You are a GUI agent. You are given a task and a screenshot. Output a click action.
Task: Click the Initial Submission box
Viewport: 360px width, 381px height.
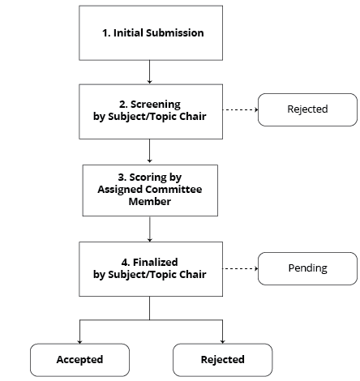(149, 33)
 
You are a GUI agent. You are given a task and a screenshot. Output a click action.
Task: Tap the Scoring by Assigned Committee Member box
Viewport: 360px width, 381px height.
(149, 190)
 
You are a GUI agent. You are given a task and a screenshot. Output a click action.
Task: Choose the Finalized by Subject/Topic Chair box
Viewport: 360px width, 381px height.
(149, 268)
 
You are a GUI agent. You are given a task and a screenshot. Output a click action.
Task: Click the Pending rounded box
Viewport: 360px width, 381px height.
(307, 268)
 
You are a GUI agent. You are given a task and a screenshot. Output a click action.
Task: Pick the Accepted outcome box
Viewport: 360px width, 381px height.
(79, 359)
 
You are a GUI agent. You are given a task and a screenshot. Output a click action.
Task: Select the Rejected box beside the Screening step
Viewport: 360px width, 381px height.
(307, 109)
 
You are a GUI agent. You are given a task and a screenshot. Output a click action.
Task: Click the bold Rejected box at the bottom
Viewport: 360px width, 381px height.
(222, 359)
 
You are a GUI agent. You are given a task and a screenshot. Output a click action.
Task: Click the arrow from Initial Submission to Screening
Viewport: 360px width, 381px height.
(149, 73)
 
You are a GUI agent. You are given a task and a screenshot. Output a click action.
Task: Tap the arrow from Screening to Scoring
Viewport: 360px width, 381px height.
(149, 151)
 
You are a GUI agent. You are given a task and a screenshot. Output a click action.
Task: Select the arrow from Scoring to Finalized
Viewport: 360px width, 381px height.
(149, 229)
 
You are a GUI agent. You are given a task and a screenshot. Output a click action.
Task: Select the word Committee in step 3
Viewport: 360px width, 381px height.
(174, 190)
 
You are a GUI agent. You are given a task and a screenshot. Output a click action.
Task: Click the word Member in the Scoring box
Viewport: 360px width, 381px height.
(149, 201)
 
